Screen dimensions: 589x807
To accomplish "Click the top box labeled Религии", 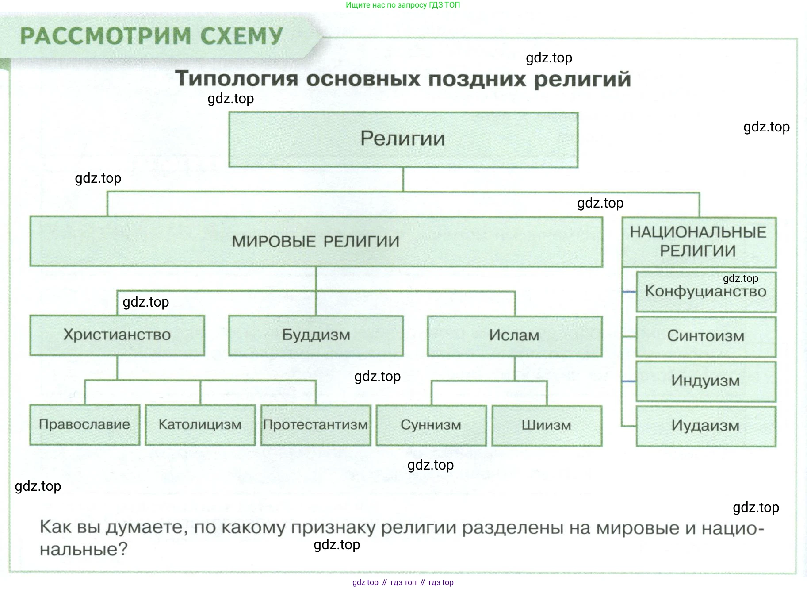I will [403, 139].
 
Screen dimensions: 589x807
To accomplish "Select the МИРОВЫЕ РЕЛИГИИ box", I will [316, 242].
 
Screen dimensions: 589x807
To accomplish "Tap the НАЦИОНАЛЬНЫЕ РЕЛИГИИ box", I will [698, 242].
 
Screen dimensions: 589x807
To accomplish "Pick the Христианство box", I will [117, 335].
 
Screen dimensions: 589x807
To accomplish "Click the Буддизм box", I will [316, 335].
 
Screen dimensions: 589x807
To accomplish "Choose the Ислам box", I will [514, 336].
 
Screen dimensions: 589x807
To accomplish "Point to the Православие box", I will [84, 425].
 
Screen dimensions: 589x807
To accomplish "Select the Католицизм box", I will [200, 425].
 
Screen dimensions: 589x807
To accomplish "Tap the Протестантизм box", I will [315, 425].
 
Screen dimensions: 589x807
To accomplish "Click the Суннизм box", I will [431, 425].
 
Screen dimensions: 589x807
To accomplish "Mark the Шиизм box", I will [547, 426].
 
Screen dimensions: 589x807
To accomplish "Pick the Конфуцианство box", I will [705, 292].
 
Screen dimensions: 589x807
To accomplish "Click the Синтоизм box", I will [705, 336].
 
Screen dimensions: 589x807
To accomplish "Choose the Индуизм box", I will [705, 381].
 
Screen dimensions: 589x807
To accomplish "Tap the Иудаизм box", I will [705, 426].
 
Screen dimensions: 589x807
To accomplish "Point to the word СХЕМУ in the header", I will [241, 36].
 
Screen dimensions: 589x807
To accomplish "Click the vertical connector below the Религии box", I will [403, 179].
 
